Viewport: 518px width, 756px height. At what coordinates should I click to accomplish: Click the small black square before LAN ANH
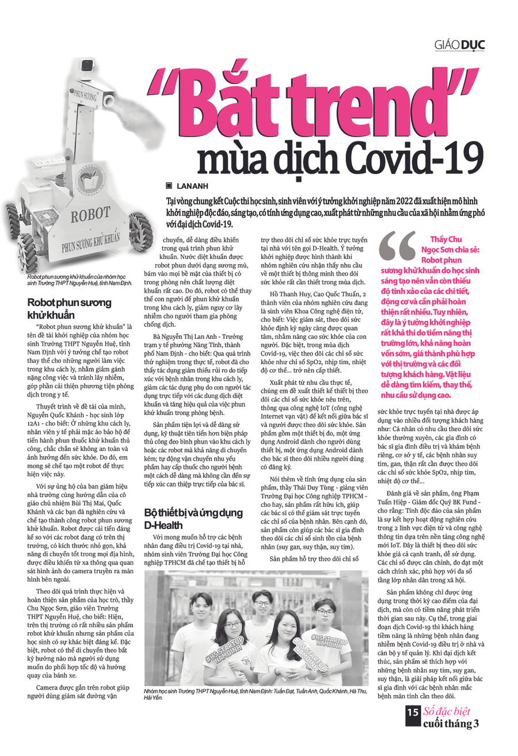169,186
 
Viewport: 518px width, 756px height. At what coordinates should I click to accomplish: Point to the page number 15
413,728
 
